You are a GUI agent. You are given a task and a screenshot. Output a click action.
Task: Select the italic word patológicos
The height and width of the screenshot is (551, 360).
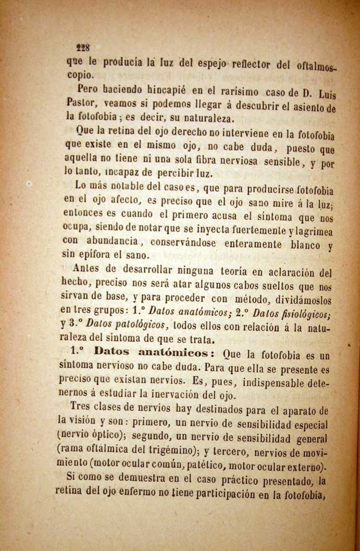tap(127, 325)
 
